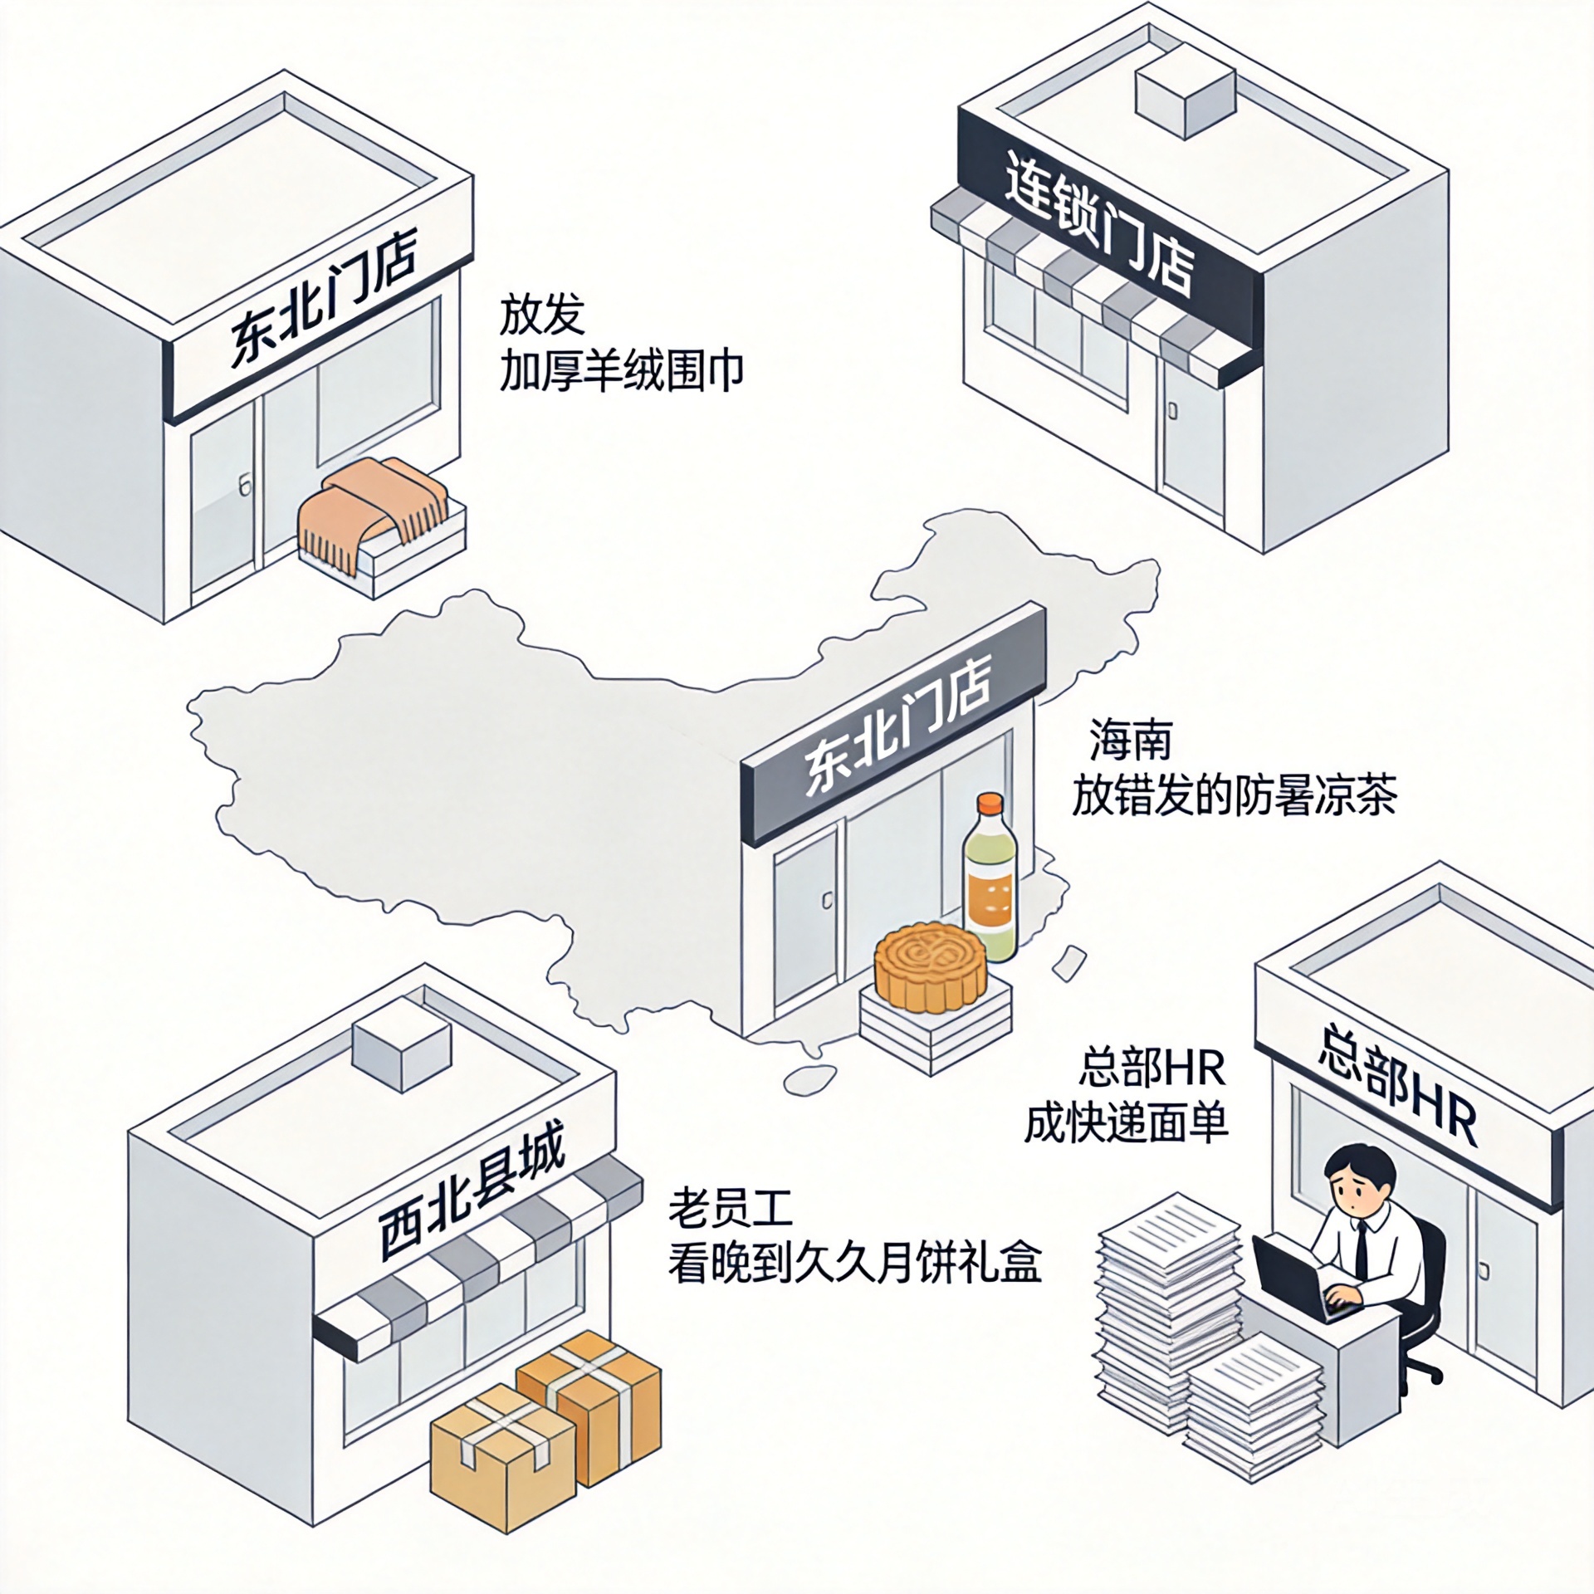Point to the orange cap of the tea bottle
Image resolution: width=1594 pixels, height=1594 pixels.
tap(990, 805)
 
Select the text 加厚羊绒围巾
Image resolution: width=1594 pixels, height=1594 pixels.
tap(621, 370)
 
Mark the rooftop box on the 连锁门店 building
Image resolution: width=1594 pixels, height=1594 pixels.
tap(1184, 92)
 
